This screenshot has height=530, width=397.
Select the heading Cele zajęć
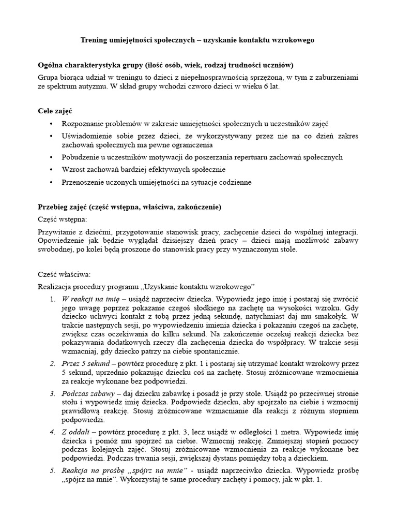(55, 111)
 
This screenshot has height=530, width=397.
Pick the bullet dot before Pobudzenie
(50, 157)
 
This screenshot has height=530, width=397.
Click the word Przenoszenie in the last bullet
(84, 182)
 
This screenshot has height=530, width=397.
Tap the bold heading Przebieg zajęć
(62, 207)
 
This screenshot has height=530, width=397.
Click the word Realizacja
(56, 287)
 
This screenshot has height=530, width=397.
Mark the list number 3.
(52, 394)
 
